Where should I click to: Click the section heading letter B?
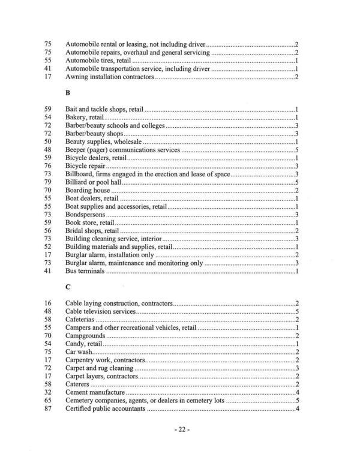tap(67, 94)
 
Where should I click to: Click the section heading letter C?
tap(67, 287)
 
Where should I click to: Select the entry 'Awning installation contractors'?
tap(109, 78)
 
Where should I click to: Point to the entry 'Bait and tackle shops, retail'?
tap(104, 109)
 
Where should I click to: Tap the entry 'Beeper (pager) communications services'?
tap(122, 150)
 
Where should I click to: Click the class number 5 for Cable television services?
tap(297, 312)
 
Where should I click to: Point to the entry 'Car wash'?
tap(79, 353)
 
